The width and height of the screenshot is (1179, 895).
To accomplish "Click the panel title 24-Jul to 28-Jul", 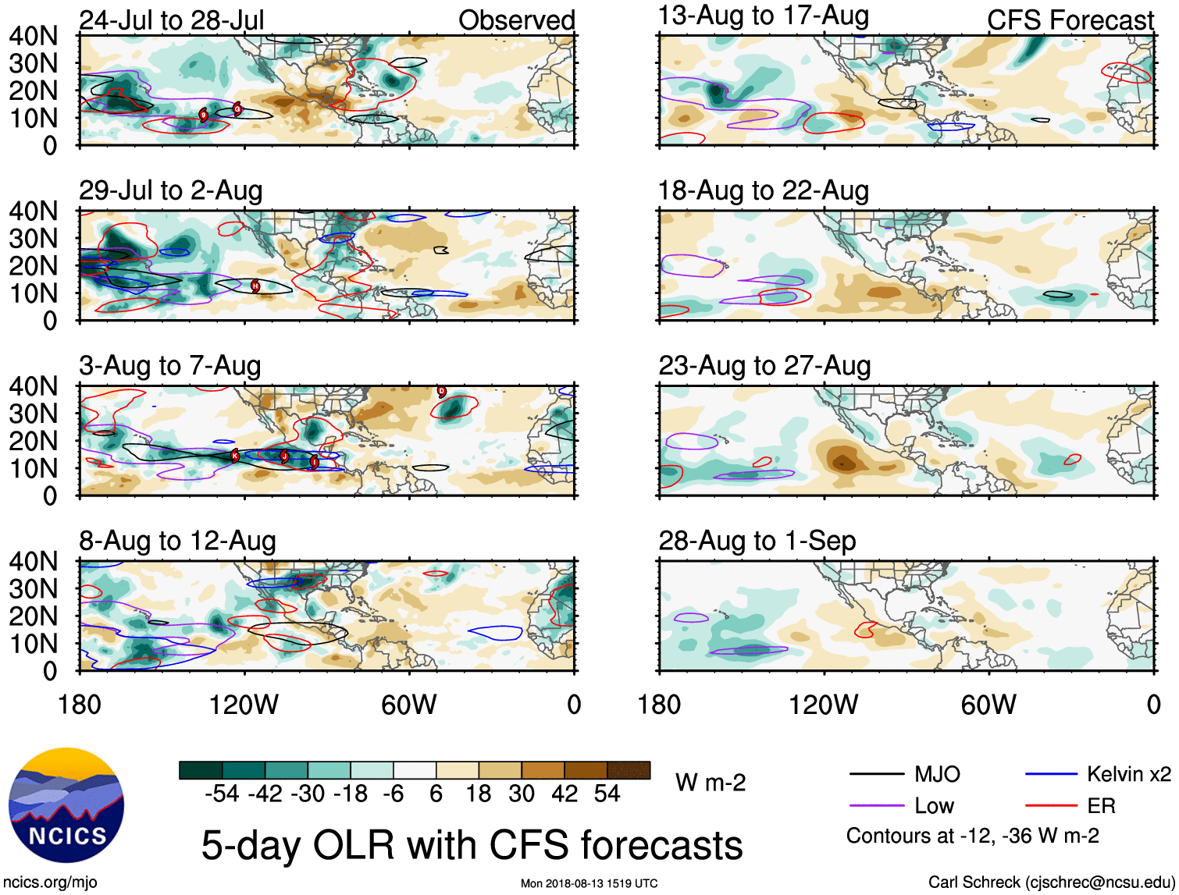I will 172,20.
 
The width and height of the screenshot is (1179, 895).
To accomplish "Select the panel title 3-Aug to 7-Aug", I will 170,366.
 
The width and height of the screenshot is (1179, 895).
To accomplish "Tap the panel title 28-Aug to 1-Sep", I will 757,541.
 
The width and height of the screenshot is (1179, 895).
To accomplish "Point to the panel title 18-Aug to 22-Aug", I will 764,190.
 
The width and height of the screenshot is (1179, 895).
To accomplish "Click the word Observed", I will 517,20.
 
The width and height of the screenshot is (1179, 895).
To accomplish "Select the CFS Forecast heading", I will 1070,20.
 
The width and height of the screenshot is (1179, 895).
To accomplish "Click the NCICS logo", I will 66,806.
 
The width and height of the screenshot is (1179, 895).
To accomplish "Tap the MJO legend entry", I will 937,774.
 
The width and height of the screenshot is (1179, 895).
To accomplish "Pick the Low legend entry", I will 934,806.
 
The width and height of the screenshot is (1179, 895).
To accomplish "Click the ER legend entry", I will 1101,806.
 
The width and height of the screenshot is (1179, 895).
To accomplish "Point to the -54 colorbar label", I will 222,794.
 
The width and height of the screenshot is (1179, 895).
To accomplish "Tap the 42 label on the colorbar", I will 565,794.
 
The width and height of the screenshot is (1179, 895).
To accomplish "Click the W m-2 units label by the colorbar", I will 711,782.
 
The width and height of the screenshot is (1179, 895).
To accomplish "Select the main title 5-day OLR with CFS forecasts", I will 472,845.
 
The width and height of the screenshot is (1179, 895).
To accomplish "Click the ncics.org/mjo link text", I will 50,883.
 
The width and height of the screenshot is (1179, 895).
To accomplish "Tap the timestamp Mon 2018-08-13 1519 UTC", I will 589,883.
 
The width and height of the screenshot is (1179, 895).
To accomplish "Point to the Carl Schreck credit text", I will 1051,883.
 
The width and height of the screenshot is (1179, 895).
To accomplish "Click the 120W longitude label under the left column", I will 244,705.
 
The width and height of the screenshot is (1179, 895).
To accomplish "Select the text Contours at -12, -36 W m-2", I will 972,836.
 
